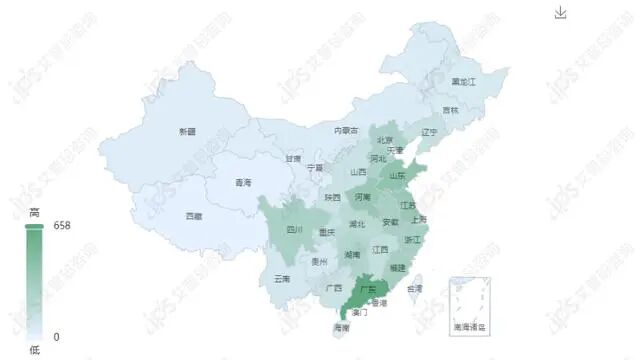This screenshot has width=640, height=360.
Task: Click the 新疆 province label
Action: click(187, 132)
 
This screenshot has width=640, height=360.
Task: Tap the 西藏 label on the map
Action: click(193, 216)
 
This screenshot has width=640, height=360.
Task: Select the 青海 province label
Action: click(243, 183)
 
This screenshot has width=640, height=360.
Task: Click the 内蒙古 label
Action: click(346, 130)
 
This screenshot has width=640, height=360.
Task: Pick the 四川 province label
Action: click(294, 230)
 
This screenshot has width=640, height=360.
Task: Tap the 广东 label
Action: click(366, 290)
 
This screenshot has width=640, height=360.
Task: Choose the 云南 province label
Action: click(282, 279)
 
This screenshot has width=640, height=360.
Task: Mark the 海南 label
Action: click(341, 327)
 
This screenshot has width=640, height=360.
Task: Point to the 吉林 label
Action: click(450, 110)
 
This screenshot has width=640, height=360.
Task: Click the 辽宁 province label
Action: click(429, 132)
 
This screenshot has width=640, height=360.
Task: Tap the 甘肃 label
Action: click(292, 158)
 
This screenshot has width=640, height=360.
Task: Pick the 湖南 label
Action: click(352, 255)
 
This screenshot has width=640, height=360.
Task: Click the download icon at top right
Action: click(561, 12)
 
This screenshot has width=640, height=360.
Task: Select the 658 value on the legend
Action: click(62, 226)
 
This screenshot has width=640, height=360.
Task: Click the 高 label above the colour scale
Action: click(34, 212)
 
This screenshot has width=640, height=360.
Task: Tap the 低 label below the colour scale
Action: click(34, 349)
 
